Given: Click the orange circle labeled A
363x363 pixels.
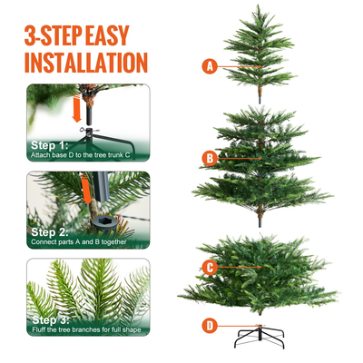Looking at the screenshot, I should [211, 66].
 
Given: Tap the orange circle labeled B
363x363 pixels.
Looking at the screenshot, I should [211, 158].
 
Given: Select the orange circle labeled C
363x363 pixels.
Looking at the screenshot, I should [211, 268].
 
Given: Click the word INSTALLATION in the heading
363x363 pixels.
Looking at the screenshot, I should [85, 63].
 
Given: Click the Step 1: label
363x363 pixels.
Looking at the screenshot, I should [49, 145].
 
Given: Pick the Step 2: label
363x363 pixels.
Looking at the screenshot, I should [50, 231].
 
